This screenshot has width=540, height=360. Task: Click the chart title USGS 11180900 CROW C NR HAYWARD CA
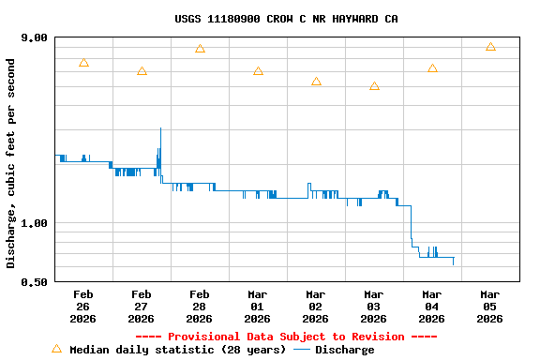286,19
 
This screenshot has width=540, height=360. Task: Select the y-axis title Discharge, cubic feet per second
11,163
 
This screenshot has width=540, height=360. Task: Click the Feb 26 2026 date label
82,306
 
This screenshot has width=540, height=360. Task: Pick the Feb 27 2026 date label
141,306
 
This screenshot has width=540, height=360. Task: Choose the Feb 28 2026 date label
199,306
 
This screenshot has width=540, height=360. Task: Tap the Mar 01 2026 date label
257,306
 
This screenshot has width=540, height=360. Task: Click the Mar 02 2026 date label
315,306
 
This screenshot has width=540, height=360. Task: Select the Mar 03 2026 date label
373,306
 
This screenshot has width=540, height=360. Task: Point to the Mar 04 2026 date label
431,306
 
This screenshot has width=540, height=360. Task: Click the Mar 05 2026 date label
489,306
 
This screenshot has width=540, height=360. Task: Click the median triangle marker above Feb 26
83,63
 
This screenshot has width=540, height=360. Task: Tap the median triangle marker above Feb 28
200,49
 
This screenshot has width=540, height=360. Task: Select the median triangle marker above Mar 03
374,86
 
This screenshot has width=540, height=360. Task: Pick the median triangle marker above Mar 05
490,47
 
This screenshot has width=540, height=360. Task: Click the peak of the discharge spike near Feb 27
160,128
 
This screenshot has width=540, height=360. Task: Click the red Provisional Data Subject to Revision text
286,337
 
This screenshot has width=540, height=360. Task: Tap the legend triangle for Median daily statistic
56,349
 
